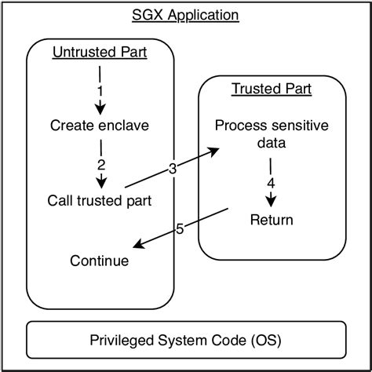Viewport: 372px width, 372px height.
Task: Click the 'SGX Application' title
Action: click(x=185, y=16)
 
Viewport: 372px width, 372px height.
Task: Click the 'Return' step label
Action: click(x=272, y=221)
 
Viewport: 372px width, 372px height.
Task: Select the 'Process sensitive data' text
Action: click(x=271, y=135)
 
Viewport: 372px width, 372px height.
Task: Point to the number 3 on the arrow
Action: click(x=173, y=168)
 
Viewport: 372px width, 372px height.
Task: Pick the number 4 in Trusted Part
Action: click(x=272, y=183)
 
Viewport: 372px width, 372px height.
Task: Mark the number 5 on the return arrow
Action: click(x=179, y=229)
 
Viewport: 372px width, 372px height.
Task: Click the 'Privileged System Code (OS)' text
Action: click(x=185, y=341)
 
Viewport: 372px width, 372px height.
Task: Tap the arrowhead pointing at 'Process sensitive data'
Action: click(x=214, y=151)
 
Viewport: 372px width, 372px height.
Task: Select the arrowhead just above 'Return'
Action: click(x=272, y=201)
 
